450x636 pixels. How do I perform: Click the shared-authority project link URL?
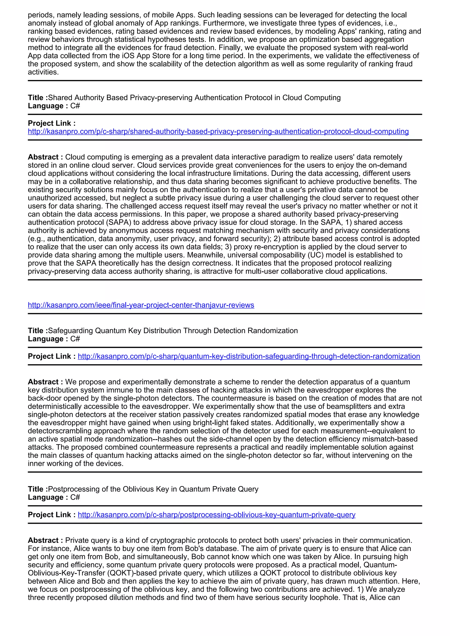pos(218,131)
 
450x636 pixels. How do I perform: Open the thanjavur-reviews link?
pos(141,305)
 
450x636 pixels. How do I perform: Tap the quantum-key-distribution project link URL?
pos(249,356)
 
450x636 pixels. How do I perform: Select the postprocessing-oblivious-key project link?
pos(216,515)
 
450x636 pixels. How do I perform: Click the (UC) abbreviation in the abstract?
pos(316,255)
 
